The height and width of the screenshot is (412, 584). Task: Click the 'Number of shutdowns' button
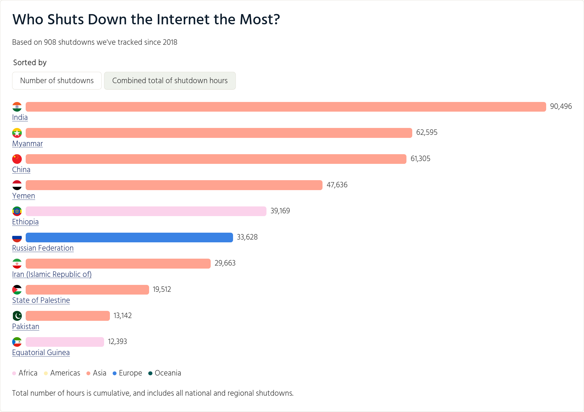tap(57, 81)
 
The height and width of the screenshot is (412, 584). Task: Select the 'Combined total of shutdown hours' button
tap(170, 81)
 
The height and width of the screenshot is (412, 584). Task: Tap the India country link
tap(20, 117)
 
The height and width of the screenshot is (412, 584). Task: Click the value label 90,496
tap(561, 106)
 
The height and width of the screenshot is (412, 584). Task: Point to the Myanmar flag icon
tap(17, 133)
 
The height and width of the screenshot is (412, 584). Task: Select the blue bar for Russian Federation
tap(129, 237)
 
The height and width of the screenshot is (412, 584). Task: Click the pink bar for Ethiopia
tap(146, 211)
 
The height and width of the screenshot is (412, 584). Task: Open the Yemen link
tap(23, 196)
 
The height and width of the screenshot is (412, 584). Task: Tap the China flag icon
tap(17, 159)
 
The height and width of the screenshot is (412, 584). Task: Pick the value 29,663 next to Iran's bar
tap(225, 263)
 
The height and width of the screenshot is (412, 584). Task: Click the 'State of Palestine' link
tap(41, 300)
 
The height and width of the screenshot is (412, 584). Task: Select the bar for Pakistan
tap(68, 316)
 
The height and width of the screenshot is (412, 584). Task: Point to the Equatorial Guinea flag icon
tap(17, 342)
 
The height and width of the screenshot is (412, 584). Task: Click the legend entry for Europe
tap(127, 373)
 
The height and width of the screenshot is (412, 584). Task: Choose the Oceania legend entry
tap(165, 373)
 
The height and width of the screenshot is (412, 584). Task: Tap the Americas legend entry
tap(62, 373)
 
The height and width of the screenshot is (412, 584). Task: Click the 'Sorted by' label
tap(30, 63)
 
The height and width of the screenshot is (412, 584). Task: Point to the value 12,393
tap(117, 342)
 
